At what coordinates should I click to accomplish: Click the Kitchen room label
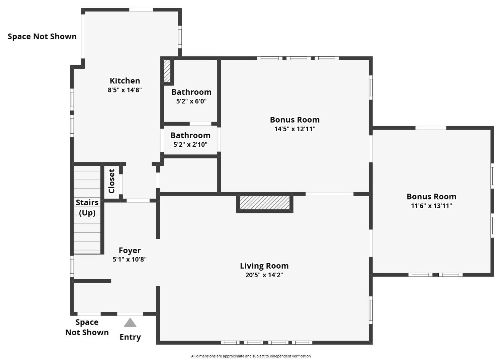point(125,81)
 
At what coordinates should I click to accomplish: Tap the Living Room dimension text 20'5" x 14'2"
point(264,275)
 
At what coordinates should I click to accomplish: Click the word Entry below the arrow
point(130,337)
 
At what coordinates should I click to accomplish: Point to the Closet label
point(111,181)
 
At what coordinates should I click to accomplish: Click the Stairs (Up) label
point(87,208)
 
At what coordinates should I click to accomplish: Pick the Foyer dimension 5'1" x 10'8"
point(130,259)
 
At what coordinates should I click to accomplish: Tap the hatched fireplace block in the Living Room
point(265,203)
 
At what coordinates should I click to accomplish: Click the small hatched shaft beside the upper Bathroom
point(167,71)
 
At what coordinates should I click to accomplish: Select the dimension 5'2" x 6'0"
point(191,101)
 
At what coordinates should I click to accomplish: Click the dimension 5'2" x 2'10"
point(190,144)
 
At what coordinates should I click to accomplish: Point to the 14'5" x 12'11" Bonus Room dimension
point(295,129)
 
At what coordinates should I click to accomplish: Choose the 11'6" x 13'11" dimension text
point(431,206)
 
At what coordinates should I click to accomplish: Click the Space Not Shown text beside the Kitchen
point(42,37)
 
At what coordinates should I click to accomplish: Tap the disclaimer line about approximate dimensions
point(251,356)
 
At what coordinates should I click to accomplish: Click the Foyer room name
point(130,250)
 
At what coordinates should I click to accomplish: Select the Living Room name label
point(264,266)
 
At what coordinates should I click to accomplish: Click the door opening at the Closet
point(121,184)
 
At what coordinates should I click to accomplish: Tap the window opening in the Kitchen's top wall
point(141,10)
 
